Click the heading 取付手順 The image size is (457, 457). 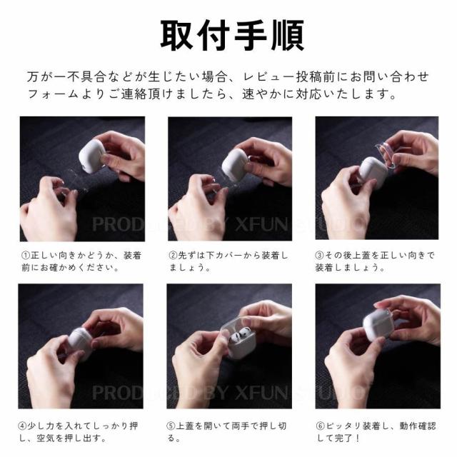click(x=232, y=36)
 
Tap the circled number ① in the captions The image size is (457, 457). click(x=26, y=256)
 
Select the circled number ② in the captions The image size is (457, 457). click(x=173, y=256)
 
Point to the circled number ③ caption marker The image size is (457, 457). click(x=320, y=256)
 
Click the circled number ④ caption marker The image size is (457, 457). click(x=22, y=426)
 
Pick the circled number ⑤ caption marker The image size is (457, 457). click(x=171, y=426)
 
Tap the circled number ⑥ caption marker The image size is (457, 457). click(x=321, y=426)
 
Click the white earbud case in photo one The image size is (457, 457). click(x=92, y=156)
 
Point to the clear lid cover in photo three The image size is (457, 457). click(x=386, y=155)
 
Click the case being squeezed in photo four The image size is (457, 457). click(x=79, y=341)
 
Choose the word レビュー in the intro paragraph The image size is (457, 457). click(x=268, y=76)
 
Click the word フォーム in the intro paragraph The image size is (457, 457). click(x=53, y=94)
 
